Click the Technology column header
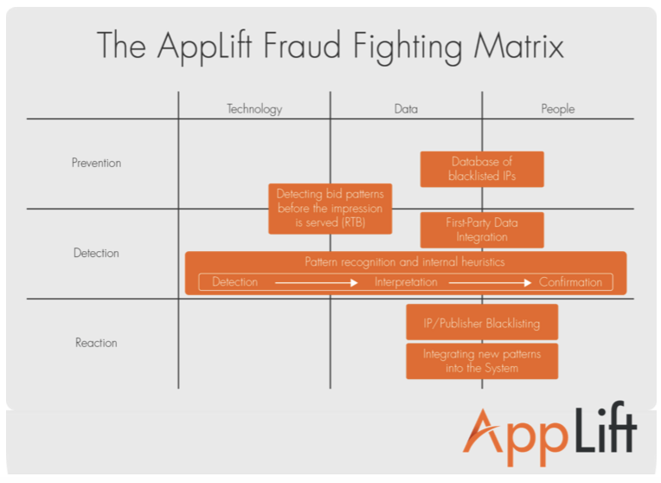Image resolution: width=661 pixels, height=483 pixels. (254, 109)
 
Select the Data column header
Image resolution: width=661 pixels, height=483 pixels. (406, 109)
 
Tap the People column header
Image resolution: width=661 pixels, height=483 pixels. (557, 109)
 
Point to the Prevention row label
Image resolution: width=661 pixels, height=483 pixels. (96, 163)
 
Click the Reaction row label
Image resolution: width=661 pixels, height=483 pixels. (96, 343)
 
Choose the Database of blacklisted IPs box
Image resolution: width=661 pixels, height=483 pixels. (482, 169)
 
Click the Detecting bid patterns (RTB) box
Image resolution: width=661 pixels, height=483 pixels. (330, 209)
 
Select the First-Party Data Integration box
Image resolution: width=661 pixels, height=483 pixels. (482, 230)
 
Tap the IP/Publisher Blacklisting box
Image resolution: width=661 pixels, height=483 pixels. (482, 323)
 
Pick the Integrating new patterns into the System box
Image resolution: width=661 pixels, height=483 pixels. (482, 361)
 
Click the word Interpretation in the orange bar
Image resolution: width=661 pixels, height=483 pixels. (406, 282)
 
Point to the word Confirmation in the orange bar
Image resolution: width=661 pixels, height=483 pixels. (570, 282)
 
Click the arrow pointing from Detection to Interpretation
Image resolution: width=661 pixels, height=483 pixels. (316, 282)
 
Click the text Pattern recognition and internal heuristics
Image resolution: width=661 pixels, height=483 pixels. (405, 261)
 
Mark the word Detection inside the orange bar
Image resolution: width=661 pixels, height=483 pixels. (234, 282)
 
